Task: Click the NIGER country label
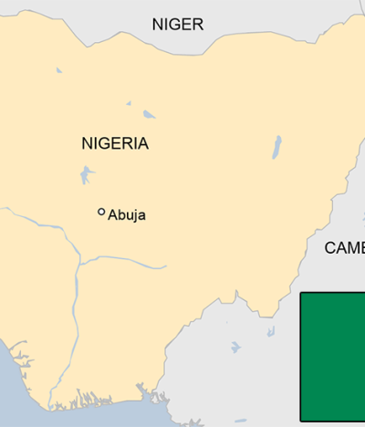178,25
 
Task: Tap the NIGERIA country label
115,143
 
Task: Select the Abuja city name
127,216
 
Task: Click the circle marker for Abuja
101,212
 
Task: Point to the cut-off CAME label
344,248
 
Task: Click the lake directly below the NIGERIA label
87,172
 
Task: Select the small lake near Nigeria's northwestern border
58,69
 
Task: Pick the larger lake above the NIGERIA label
149,114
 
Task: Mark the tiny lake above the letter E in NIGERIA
129,102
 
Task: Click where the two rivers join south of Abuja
80,264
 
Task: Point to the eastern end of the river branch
165,267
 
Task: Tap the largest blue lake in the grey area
235,348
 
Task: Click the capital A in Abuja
113,216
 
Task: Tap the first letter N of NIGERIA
87,143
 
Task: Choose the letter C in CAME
330,248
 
